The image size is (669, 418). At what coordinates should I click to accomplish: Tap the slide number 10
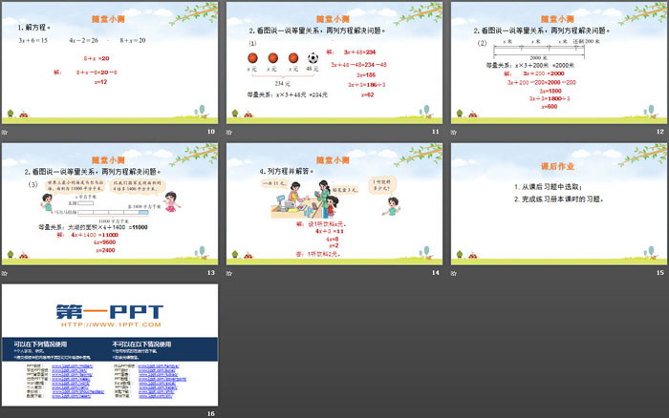[211, 131]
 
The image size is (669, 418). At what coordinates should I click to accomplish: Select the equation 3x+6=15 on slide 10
[34, 40]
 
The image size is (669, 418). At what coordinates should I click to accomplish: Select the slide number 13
[211, 272]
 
